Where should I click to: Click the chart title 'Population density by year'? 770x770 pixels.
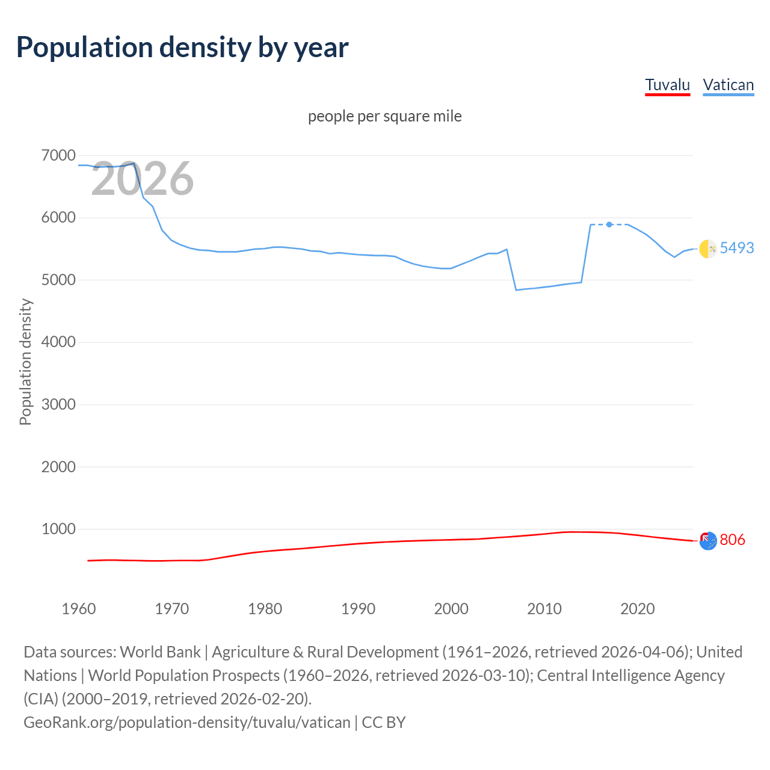pos(182,48)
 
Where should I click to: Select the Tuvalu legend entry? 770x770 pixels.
pos(667,85)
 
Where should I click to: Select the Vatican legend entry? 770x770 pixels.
pos(728,85)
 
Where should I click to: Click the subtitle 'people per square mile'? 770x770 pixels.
pos(384,116)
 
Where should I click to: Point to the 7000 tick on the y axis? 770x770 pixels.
pos(58,156)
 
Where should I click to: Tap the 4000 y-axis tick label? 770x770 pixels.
pos(58,342)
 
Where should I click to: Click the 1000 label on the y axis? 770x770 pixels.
pos(58,529)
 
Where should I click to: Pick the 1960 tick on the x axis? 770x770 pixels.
pos(79,609)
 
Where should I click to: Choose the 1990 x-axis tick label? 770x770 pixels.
pos(358,609)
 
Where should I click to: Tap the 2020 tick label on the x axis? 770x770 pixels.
pos(637,609)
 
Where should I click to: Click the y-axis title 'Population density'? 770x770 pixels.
pos(25,362)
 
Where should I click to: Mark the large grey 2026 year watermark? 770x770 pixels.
pos(142,179)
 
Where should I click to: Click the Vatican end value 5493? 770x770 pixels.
pos(736,248)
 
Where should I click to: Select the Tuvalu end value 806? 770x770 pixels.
pos(732,540)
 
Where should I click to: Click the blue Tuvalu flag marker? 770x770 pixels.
pos(707,541)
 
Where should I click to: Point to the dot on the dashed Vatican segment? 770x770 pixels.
pos(609,224)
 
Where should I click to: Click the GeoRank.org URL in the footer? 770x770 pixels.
pos(186,722)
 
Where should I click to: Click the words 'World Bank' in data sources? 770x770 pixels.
pos(160,652)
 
